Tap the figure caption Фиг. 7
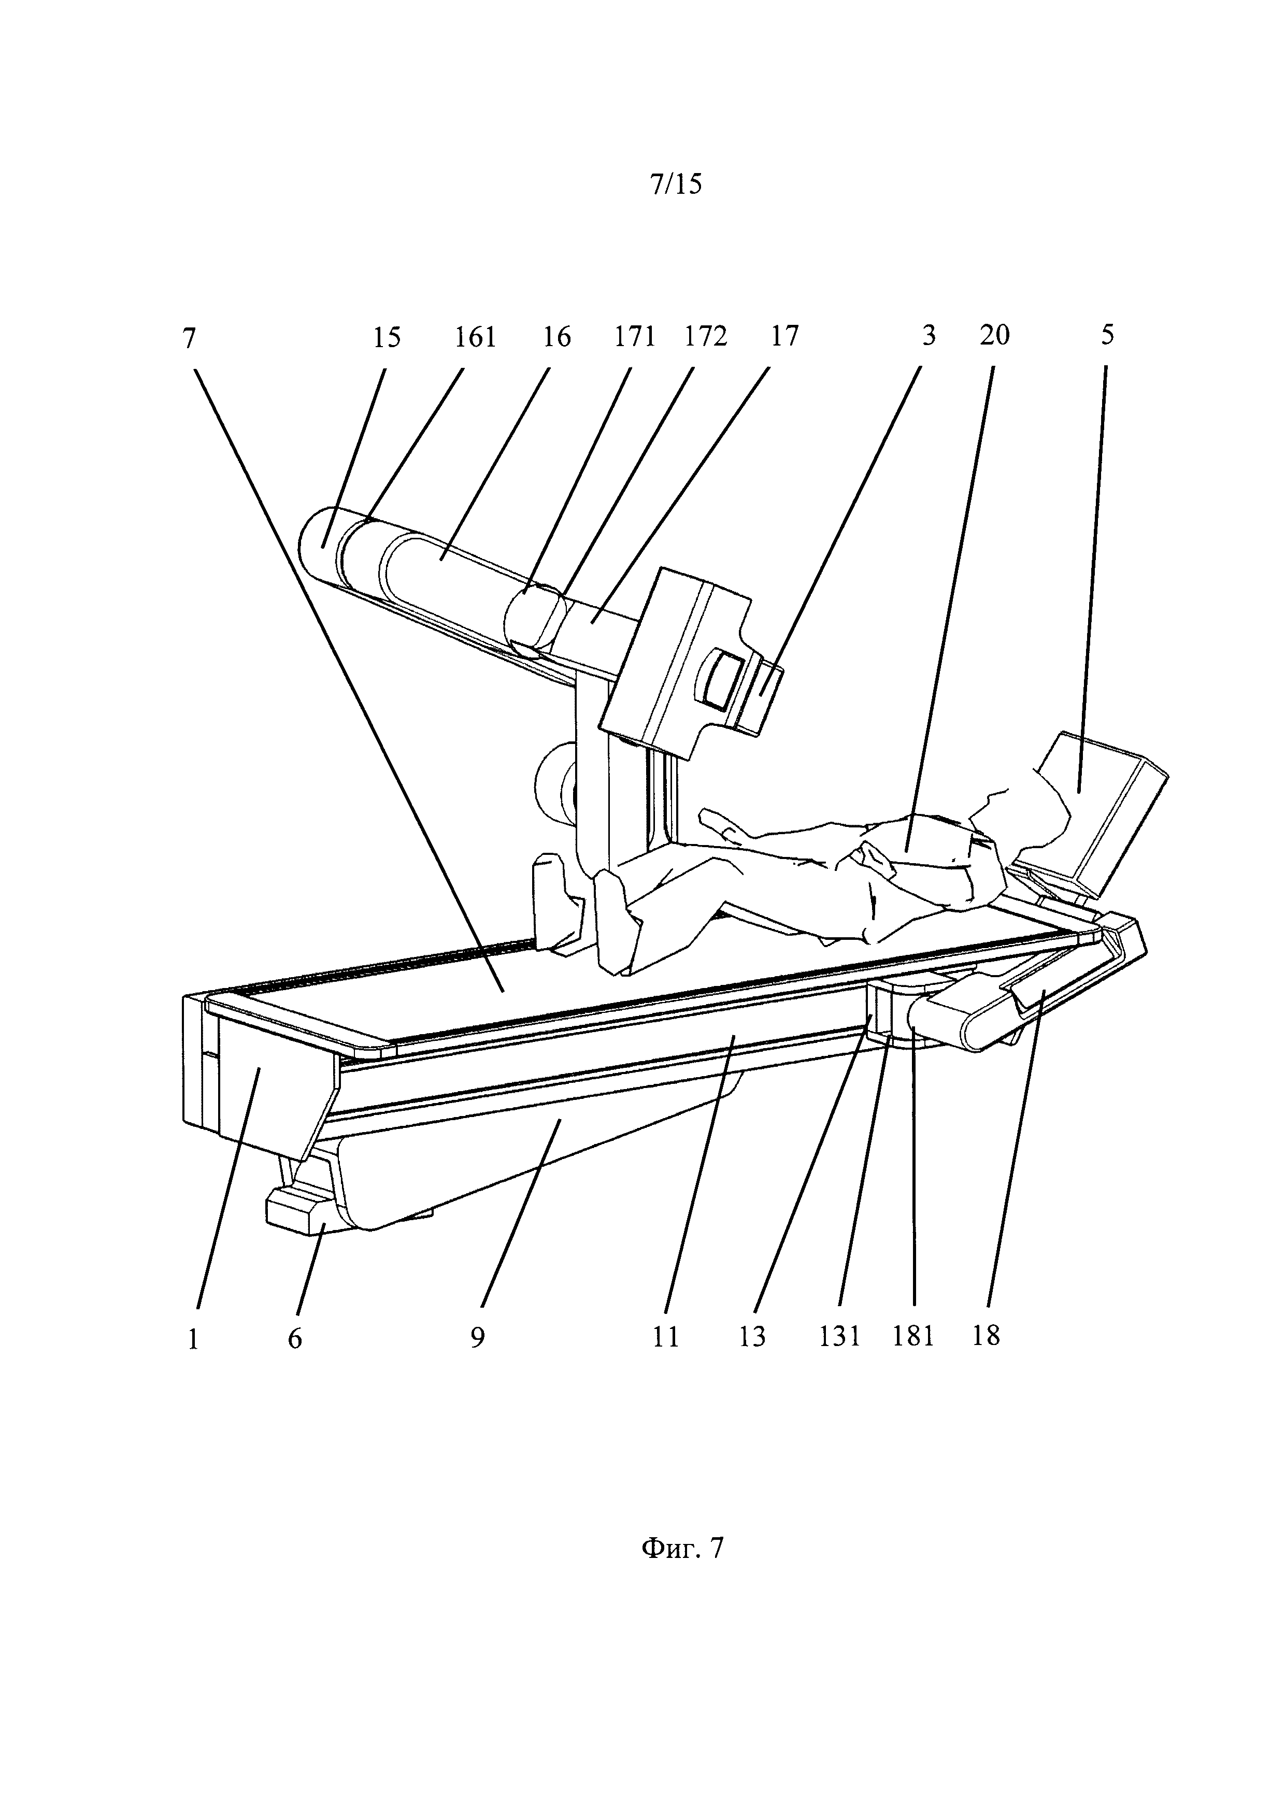point(681,1548)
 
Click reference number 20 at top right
point(995,336)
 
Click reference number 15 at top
point(387,338)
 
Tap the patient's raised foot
point(616,922)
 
